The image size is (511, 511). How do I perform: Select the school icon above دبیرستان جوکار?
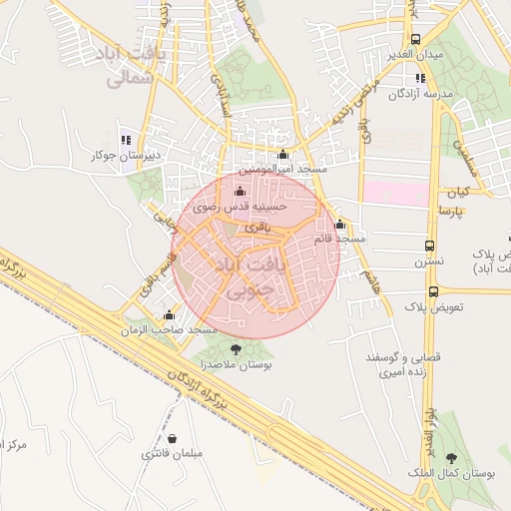(x=125, y=141)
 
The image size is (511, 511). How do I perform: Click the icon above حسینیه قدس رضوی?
(x=239, y=192)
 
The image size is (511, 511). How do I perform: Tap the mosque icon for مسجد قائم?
(x=340, y=225)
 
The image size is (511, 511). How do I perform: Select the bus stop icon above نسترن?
(x=429, y=246)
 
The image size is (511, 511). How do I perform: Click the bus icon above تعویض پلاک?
(x=433, y=291)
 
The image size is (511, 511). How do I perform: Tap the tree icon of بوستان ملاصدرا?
(x=236, y=349)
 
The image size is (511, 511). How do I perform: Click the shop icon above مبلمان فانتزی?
(x=173, y=439)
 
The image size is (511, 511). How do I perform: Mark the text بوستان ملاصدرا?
(x=241, y=365)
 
